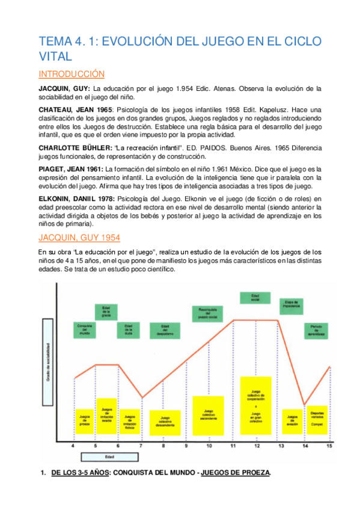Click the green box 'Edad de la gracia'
click(106, 312)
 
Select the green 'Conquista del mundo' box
click(84, 330)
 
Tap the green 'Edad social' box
click(255, 297)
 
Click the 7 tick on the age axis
click(141, 446)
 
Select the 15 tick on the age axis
click(329, 446)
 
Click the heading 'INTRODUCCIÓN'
click(72, 74)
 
